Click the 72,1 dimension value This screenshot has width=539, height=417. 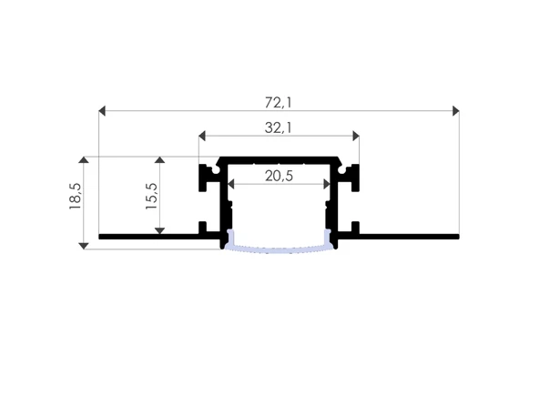click(278, 97)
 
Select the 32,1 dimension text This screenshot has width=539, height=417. click(278, 128)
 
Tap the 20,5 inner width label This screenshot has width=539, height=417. click(278, 176)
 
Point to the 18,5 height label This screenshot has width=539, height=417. click(76, 197)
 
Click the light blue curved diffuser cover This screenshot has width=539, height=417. click(278, 248)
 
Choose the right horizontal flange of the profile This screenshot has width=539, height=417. click(410, 237)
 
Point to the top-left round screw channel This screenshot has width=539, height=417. click(213, 169)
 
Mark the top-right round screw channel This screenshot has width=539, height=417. click(343, 169)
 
